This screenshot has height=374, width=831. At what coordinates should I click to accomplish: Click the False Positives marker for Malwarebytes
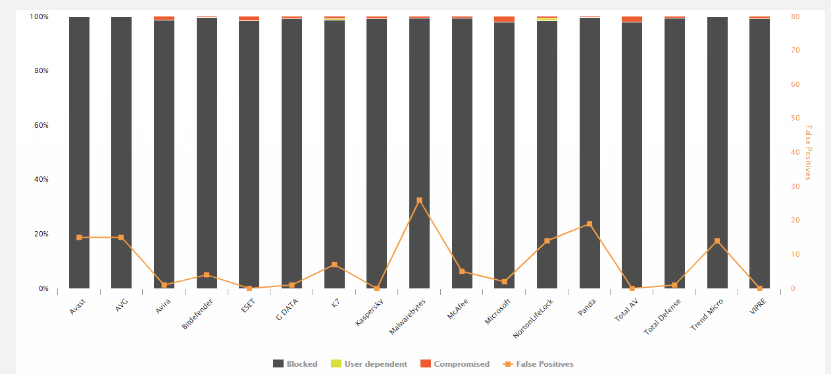[x=419, y=200]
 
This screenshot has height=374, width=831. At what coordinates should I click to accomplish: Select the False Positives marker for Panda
[x=590, y=224]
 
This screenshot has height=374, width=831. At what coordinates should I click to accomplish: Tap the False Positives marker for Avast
[x=79, y=237]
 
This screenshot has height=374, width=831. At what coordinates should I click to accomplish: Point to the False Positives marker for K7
[x=334, y=265]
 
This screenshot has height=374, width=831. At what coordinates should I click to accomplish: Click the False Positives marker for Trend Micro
[x=717, y=241]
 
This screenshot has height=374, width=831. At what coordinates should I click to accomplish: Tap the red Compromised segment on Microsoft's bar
[x=505, y=19]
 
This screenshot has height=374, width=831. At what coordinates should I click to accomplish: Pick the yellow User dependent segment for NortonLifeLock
[x=547, y=19]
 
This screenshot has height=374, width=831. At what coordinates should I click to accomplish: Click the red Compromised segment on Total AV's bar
[x=632, y=19]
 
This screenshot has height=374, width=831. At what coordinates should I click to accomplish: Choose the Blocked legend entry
[x=295, y=364]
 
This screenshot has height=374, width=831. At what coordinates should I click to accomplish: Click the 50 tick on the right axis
[x=795, y=119]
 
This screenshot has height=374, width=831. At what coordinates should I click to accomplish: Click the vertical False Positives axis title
[x=809, y=152]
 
